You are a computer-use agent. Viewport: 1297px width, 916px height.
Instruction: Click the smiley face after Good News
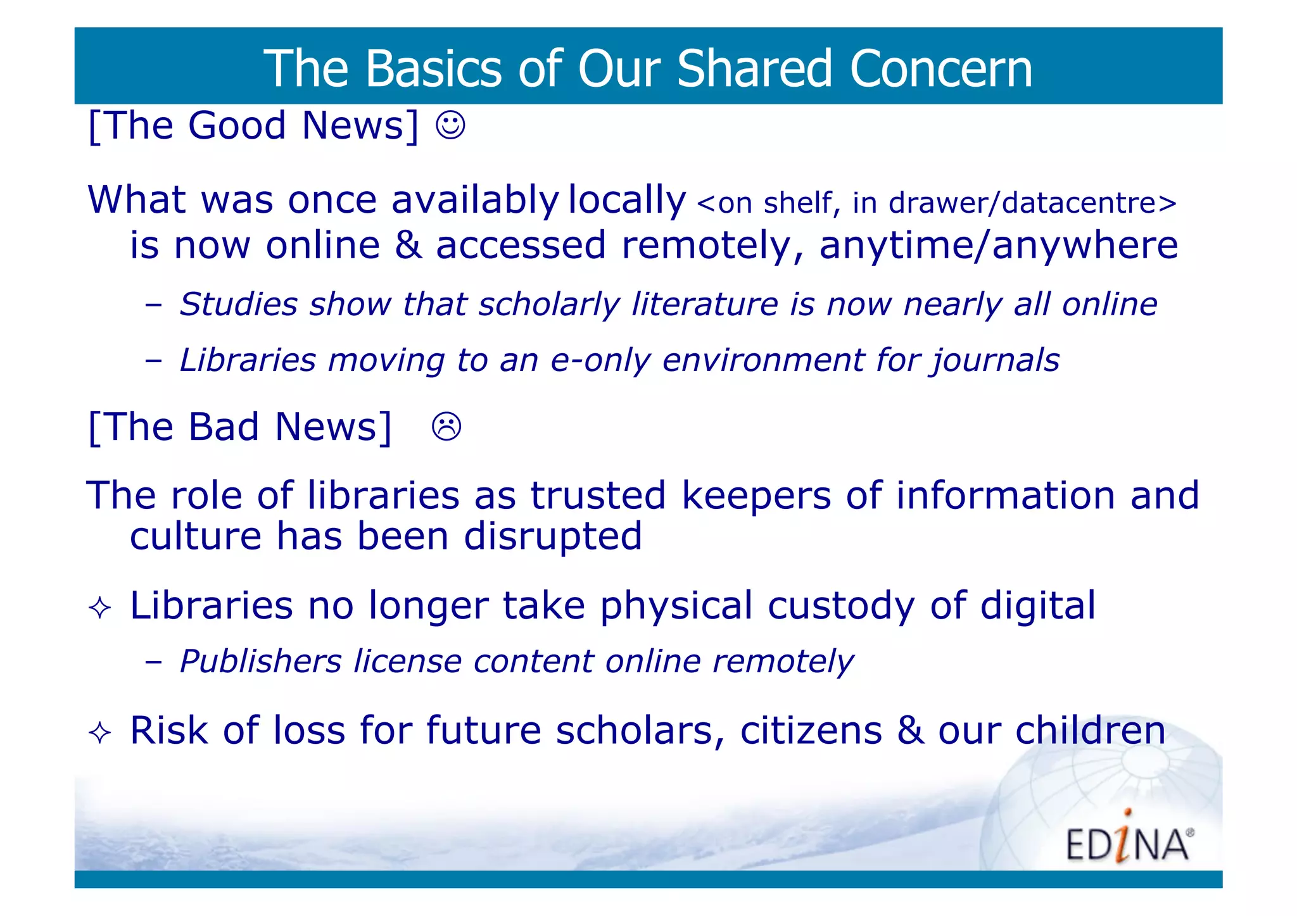point(450,125)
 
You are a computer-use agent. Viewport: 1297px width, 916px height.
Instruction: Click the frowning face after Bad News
point(446,426)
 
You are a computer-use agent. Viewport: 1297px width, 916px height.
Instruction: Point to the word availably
point(475,200)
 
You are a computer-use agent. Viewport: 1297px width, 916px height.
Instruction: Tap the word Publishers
point(261,662)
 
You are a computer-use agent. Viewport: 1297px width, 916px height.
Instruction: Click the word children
point(1090,731)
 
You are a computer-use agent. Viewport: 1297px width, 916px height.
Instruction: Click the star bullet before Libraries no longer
point(100,608)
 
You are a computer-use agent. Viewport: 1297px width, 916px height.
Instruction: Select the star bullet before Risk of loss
point(100,733)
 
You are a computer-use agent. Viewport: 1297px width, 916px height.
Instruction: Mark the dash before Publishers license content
point(153,662)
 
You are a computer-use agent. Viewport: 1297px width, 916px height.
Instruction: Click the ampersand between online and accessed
point(408,246)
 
